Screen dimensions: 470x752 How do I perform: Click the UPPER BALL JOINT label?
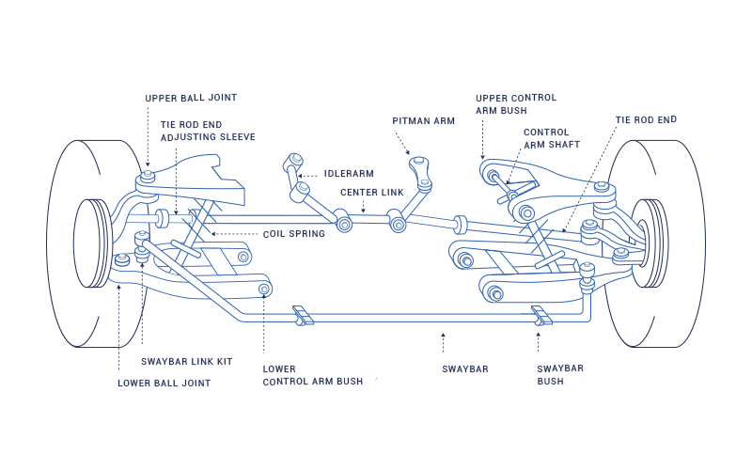point(191,98)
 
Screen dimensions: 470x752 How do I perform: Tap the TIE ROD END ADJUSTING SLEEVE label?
point(208,131)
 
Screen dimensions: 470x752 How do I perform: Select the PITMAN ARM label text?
point(423,121)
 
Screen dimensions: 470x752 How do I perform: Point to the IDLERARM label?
point(349,174)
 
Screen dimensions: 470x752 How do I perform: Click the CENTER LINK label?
point(372,192)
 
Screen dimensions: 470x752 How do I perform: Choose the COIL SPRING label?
point(294,234)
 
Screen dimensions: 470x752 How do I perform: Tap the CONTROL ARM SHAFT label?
point(552,139)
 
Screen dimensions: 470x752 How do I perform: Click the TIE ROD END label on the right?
point(646,120)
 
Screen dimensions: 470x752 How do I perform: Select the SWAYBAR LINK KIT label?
point(186,362)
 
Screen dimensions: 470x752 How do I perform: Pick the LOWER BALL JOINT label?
point(164,384)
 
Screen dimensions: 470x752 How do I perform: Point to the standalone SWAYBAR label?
point(465,369)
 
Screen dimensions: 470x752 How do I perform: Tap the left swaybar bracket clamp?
point(302,316)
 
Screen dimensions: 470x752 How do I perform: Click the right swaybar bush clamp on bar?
point(540,315)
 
